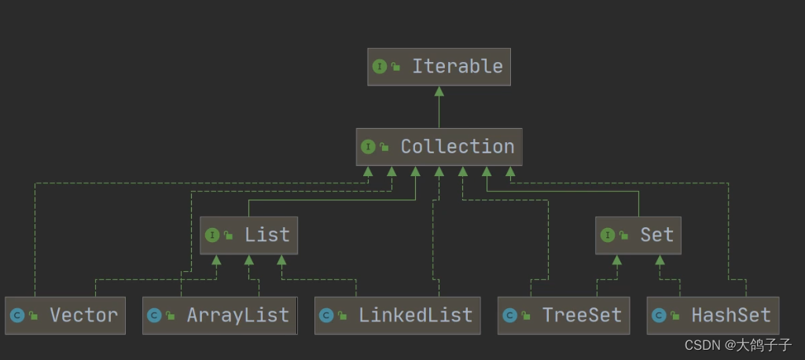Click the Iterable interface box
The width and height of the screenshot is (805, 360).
(x=439, y=67)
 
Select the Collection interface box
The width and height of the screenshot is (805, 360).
(x=439, y=147)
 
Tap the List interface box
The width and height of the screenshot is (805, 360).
(x=248, y=235)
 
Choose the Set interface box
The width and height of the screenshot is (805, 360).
(x=638, y=235)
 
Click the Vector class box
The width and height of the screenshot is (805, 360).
(x=65, y=316)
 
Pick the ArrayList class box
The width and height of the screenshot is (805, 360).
(x=219, y=316)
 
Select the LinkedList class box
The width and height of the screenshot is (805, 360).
(x=397, y=316)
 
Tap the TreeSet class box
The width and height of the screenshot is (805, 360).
(x=564, y=316)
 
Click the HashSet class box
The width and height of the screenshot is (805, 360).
(x=712, y=316)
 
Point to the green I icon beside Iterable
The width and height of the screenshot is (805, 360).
(x=380, y=67)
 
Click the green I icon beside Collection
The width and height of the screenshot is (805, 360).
(x=368, y=147)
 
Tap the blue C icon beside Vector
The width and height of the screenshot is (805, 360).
(x=17, y=316)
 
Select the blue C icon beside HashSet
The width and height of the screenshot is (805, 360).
(x=659, y=316)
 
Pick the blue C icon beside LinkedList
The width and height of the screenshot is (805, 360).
(x=325, y=316)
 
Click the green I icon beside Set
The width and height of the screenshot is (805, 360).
(x=607, y=235)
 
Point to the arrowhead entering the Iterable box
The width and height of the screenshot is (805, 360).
(x=439, y=90)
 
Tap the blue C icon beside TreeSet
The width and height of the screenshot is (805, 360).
(x=509, y=316)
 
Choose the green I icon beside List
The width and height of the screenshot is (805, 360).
(x=211, y=235)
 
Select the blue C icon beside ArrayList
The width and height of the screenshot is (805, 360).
(x=154, y=316)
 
